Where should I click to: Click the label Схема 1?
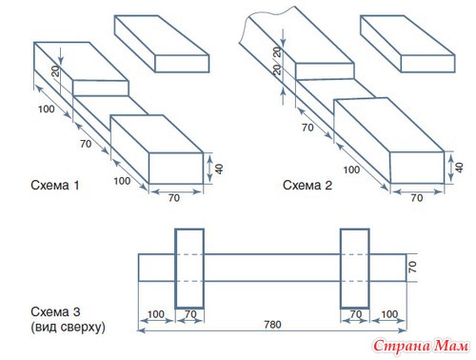click(x=55, y=185)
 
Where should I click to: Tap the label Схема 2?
click(x=307, y=185)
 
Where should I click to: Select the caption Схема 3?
click(x=55, y=311)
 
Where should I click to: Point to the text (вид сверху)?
click(x=68, y=327)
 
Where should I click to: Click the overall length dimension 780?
click(x=272, y=325)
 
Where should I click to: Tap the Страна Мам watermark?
click(x=421, y=346)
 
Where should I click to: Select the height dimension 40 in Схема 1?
click(x=219, y=169)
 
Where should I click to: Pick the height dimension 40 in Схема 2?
click(x=459, y=168)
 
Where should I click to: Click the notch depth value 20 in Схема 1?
click(x=55, y=71)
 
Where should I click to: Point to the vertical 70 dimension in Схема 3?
click(x=412, y=267)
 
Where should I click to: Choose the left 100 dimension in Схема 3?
click(x=156, y=314)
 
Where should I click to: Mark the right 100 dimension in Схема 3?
click(x=389, y=314)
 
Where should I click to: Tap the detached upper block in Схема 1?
click(x=162, y=44)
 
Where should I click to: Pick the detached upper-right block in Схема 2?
click(x=407, y=44)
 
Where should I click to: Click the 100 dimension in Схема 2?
click(x=351, y=170)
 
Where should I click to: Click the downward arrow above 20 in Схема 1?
click(x=61, y=57)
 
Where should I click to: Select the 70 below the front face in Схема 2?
click(x=417, y=198)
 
